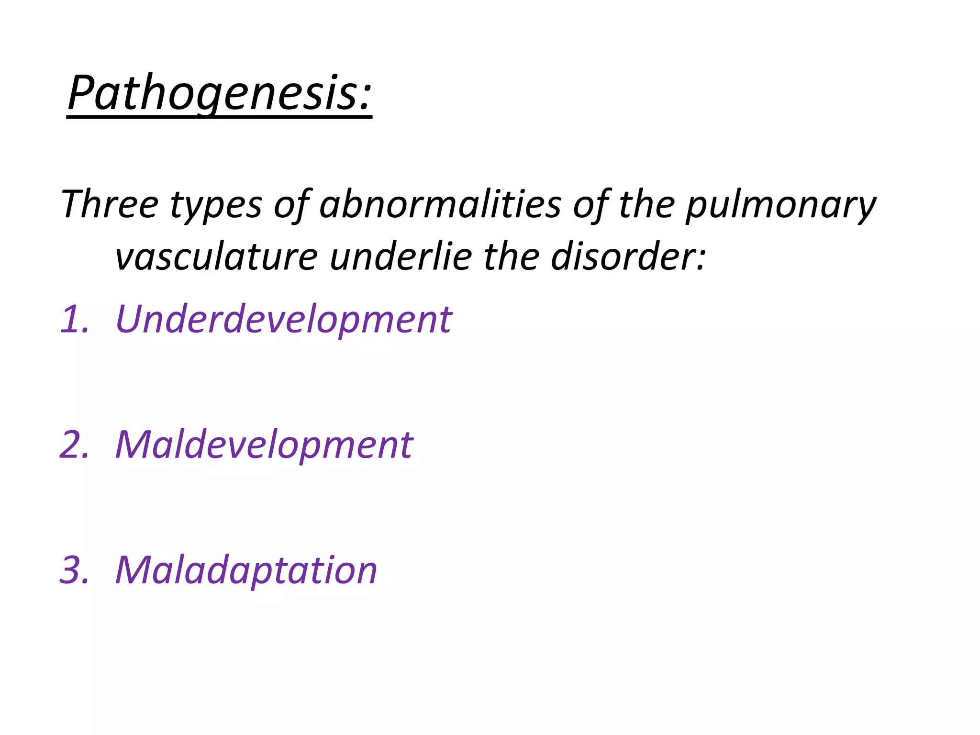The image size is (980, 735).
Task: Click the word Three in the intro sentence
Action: click(110, 204)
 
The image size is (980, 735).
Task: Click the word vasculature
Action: click(216, 257)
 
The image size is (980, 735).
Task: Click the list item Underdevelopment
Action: click(283, 319)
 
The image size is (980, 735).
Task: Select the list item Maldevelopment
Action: click(264, 445)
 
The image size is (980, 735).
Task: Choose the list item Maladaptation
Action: click(246, 570)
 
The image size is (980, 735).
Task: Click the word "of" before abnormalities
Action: click(291, 204)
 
